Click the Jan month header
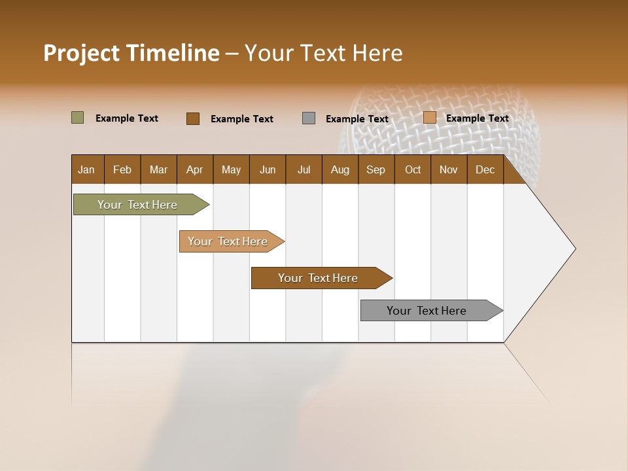(86, 169)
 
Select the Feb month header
(122, 169)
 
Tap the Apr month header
(194, 169)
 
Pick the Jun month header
(268, 169)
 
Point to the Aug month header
(340, 169)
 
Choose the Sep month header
(375, 169)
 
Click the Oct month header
(413, 169)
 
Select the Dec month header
(485, 169)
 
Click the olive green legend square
(77, 118)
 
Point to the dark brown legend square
(192, 118)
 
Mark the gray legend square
(309, 118)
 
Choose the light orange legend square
(429, 118)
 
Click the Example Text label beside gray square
(357, 119)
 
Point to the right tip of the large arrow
(574, 249)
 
